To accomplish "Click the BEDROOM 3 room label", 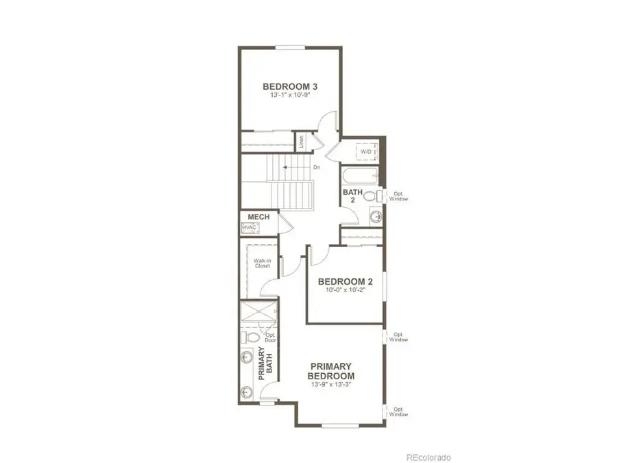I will tap(285, 86).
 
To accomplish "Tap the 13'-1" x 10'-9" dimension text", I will tap(285, 97).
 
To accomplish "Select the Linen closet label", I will tap(300, 142).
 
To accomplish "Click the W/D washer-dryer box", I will tap(366, 152).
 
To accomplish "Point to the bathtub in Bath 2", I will tap(361, 176).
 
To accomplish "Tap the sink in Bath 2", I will tap(375, 217).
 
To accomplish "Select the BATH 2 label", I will tap(348, 197).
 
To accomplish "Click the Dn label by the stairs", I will tap(317, 167).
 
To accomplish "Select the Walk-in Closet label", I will tap(262, 263).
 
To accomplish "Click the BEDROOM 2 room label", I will tap(345, 281).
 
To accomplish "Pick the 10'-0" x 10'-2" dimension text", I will tap(345, 291).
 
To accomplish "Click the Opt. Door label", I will tap(270, 337).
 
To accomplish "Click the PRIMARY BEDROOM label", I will tap(330, 371).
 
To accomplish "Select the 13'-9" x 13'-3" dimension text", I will tap(330, 384).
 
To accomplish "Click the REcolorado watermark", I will tap(428, 456).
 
